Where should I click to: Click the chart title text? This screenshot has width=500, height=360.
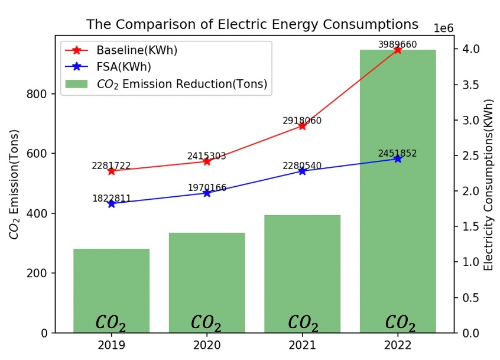252,24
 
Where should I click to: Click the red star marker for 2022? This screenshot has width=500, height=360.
397,50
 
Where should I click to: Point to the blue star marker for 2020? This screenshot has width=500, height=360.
207,193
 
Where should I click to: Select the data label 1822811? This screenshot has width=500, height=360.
111,198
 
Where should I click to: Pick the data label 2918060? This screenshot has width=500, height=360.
302,120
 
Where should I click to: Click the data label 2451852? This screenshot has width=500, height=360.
397,154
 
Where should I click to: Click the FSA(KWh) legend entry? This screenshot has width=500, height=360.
124,66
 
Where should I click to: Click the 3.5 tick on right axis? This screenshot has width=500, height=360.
468,85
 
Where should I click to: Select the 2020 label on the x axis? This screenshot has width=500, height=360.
207,345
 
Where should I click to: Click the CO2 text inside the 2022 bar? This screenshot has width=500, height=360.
400,323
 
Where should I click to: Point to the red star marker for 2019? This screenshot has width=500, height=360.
111,171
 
